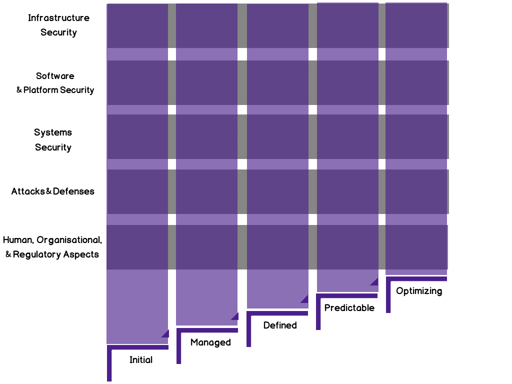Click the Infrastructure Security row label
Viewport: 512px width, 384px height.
[58, 25]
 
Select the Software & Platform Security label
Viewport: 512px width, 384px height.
[55, 83]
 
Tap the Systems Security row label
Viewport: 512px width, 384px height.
[53, 140]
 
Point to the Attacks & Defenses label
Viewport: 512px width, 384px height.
[53, 191]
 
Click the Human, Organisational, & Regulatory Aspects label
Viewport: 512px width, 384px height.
[52, 247]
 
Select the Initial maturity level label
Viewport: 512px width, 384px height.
[141, 360]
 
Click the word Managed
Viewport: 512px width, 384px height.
[210, 342]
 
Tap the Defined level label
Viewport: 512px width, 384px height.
[280, 325]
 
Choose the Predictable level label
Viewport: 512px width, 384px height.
[349, 308]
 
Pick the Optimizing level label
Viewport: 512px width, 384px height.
[419, 291]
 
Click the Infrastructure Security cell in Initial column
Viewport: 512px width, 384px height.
[137, 25]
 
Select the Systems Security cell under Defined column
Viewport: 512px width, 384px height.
[277, 136]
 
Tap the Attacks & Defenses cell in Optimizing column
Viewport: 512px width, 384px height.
[416, 191]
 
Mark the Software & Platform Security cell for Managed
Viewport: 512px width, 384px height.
[206, 82]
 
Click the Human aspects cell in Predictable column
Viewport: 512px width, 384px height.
[347, 247]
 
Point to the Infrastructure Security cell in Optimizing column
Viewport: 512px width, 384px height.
[416, 25]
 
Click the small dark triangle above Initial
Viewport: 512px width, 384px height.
[165, 334]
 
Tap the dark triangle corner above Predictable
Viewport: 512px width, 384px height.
[374, 282]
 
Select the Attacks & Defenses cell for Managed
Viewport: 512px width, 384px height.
[206, 191]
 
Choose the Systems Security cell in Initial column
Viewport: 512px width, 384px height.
[137, 136]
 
